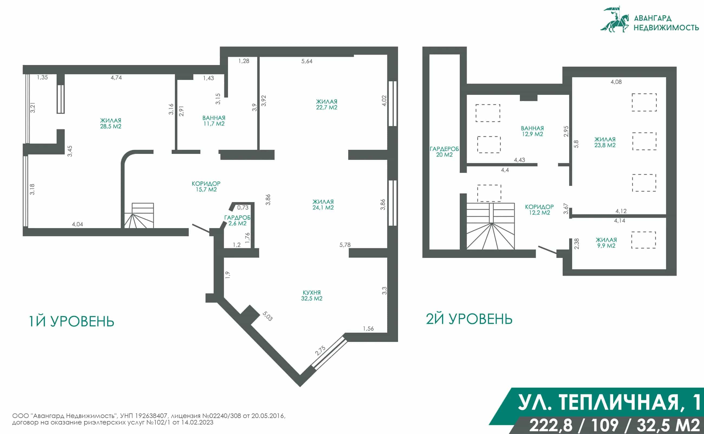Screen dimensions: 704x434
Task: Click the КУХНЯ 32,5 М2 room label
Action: point(312,295)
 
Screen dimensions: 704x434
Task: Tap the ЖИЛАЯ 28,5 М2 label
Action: point(110,124)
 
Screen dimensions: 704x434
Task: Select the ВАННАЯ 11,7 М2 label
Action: point(214,121)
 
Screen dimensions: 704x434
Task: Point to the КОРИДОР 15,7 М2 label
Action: point(206,186)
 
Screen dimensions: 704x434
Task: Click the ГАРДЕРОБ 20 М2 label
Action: point(444,152)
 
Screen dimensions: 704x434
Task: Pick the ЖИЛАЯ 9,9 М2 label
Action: point(606,242)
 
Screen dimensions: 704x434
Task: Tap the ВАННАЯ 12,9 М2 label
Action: point(532,131)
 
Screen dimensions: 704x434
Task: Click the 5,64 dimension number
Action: point(307,61)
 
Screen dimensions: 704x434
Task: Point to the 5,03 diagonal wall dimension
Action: point(267,316)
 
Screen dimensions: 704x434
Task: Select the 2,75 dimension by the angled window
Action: point(320,351)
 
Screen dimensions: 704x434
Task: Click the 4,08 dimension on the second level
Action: point(616,82)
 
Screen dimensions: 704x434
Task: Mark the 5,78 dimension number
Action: point(345,245)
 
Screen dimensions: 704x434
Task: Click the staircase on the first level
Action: point(139,216)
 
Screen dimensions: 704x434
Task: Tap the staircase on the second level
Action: point(490,226)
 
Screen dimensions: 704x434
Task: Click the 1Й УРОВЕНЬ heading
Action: point(71,321)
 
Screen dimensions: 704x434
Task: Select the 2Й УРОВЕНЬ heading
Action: point(469,319)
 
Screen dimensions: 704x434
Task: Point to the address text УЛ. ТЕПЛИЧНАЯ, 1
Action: point(609,402)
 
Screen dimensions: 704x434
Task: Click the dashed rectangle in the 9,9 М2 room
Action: point(643,240)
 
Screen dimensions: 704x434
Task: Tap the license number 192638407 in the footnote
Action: point(151,416)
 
